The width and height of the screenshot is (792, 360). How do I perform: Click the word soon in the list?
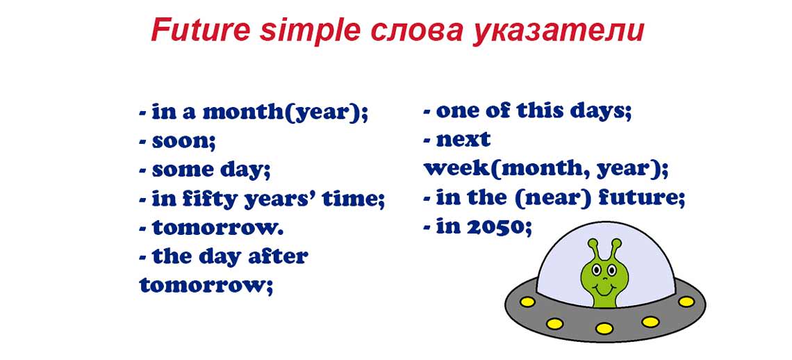pyautogui.click(x=183, y=141)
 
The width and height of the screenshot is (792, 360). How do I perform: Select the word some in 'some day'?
pyautogui.click(x=183, y=170)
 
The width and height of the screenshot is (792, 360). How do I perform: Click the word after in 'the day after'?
pyautogui.click(x=279, y=256)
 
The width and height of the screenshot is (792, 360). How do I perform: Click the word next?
pyautogui.click(x=463, y=140)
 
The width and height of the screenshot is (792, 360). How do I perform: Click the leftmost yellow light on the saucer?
pyautogui.click(x=527, y=302)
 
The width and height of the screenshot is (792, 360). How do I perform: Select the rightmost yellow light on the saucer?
pyautogui.click(x=686, y=302)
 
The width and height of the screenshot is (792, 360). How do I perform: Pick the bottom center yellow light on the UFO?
pyautogui.click(x=604, y=328)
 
